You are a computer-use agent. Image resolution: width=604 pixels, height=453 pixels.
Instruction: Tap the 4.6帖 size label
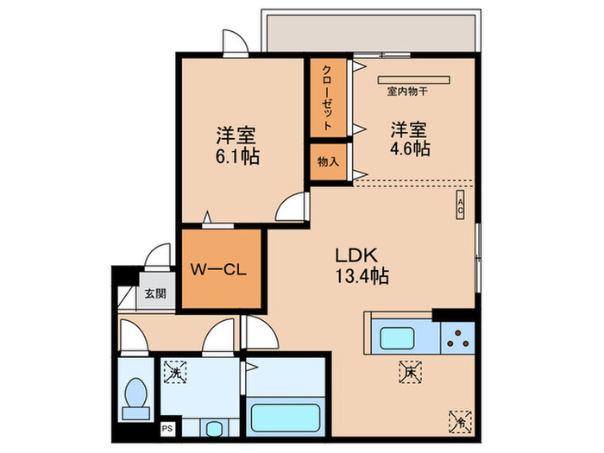tap(410, 148)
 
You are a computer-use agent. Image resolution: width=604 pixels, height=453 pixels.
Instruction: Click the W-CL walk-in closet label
tap(219, 269)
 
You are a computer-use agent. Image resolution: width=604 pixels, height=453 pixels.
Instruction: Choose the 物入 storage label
tap(328, 161)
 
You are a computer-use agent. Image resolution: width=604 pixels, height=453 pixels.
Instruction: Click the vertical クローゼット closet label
tap(328, 98)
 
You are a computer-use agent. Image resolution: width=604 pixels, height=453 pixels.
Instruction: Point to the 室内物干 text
tap(407, 90)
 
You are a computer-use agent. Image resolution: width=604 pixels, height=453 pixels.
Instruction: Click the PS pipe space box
tap(167, 427)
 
